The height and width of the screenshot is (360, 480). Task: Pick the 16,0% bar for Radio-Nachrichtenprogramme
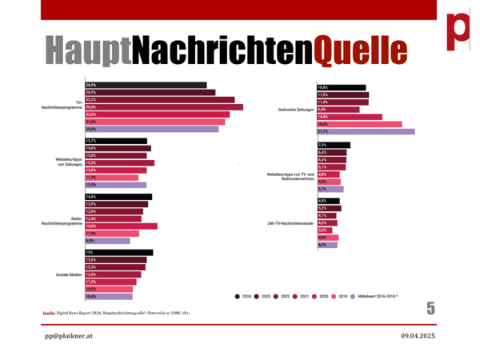121,226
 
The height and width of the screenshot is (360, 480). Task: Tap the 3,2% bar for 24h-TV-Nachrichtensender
325,230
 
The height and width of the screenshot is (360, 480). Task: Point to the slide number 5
430,308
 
